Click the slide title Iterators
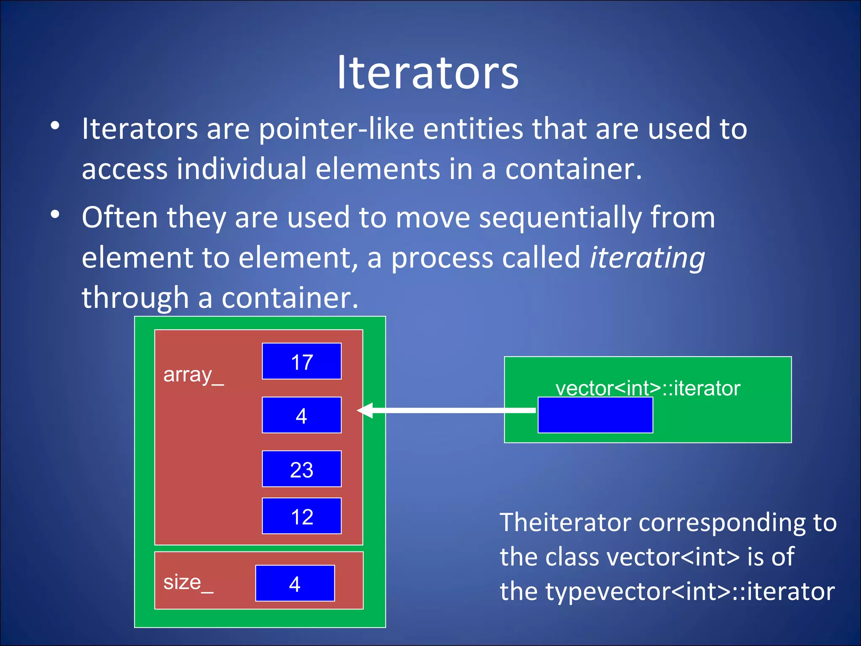coord(428,73)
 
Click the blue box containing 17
coord(301,361)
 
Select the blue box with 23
coord(301,469)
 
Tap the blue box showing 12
coord(301,516)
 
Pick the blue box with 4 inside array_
coord(301,415)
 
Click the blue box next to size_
coord(295,583)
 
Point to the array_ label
coord(193,374)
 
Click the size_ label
coord(188,582)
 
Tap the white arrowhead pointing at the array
coord(365,410)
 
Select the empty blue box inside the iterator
coord(595,415)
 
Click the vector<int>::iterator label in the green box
coord(647,388)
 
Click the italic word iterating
coord(647,257)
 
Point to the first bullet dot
coord(55,126)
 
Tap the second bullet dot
coord(55,214)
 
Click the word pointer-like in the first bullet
coord(336,129)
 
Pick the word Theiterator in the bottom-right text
coord(565,523)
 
